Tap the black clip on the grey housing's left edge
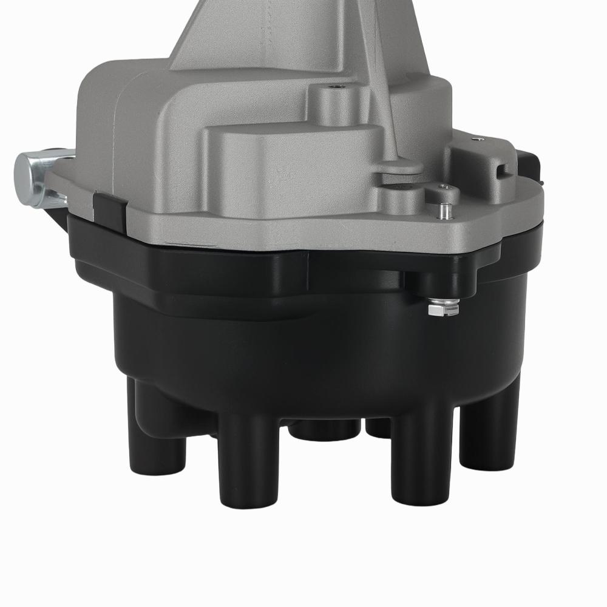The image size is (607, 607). click(x=110, y=206)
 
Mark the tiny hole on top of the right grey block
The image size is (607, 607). click(x=481, y=140)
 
